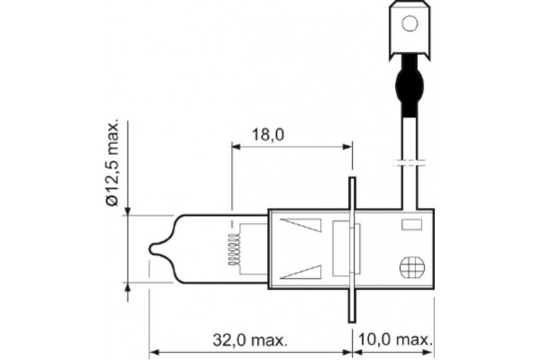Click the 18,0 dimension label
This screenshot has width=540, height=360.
point(268,135)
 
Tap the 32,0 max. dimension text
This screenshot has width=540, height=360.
point(250,340)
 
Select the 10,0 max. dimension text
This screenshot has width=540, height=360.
point(395,339)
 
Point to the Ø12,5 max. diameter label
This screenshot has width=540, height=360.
point(112,163)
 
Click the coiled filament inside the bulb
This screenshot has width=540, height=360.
point(233,249)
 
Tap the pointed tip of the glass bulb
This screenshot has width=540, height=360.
point(150,248)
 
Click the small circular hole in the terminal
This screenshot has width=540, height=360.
point(409,23)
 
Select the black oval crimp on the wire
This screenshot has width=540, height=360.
point(409,84)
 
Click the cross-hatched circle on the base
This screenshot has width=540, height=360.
point(412,267)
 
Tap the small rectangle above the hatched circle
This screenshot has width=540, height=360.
point(411,225)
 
